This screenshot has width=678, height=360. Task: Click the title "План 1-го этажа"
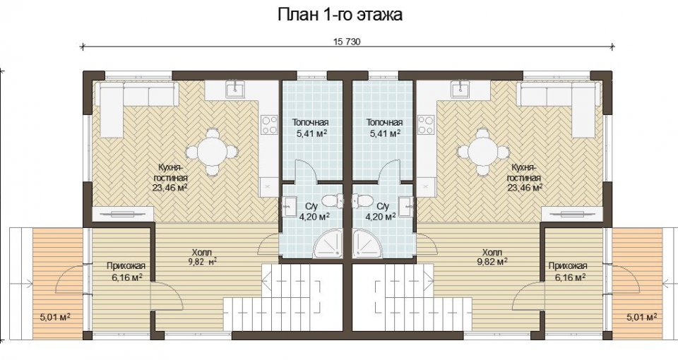pyautogui.click(x=340, y=15)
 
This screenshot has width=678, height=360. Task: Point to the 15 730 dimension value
pyautogui.click(x=347, y=42)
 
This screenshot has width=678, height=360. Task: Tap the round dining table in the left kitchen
pyautogui.click(x=212, y=152)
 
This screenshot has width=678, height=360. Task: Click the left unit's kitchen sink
pyautogui.click(x=236, y=89)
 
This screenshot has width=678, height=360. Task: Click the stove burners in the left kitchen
pyautogui.click(x=269, y=125)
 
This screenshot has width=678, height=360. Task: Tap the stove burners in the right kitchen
pyautogui.click(x=426, y=125)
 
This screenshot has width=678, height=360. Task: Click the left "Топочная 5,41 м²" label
pyautogui.click(x=311, y=128)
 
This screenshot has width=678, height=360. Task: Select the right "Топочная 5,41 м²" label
pyautogui.click(x=384, y=128)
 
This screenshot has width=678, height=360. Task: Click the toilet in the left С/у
pyautogui.click(x=334, y=200)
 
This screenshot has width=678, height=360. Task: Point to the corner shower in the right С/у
pyautogui.click(x=367, y=244)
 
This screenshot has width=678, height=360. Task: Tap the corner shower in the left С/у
pyautogui.click(x=328, y=244)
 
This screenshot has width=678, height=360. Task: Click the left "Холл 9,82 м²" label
pyautogui.click(x=202, y=257)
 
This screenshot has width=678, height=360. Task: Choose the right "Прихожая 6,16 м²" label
pyautogui.click(x=567, y=271)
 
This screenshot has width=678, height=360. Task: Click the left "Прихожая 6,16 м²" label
pyautogui.click(x=126, y=271)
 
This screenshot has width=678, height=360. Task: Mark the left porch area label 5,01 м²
pyautogui.click(x=55, y=317)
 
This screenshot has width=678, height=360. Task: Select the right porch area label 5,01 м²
pyautogui.click(x=642, y=317)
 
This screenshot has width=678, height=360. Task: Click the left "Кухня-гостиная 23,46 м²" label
pyautogui.click(x=170, y=177)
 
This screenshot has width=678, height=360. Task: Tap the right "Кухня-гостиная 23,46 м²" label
pyautogui.click(x=525, y=177)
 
